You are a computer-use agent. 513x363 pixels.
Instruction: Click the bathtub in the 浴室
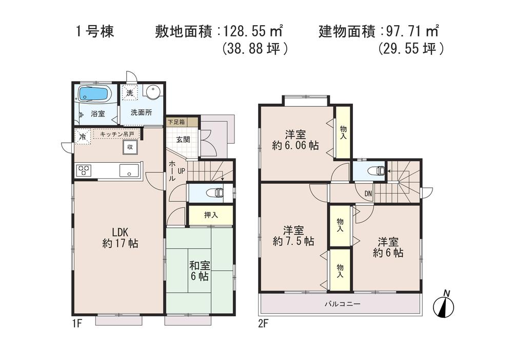pyautogui.click(x=94, y=94)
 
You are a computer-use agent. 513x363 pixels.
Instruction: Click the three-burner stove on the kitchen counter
pyautogui.click(x=84, y=170)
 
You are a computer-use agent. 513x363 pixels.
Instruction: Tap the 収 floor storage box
pyautogui.click(x=130, y=147)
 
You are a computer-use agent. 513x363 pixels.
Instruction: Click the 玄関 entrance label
pyautogui.click(x=183, y=139)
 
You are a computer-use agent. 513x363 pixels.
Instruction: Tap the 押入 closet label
pyautogui.click(x=211, y=215)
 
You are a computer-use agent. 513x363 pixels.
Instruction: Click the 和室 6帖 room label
pyautogui.click(x=199, y=271)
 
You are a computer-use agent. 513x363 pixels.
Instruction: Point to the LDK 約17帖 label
pyautogui.click(x=119, y=237)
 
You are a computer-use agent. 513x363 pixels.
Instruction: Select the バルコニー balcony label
pyautogui.click(x=342, y=304)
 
